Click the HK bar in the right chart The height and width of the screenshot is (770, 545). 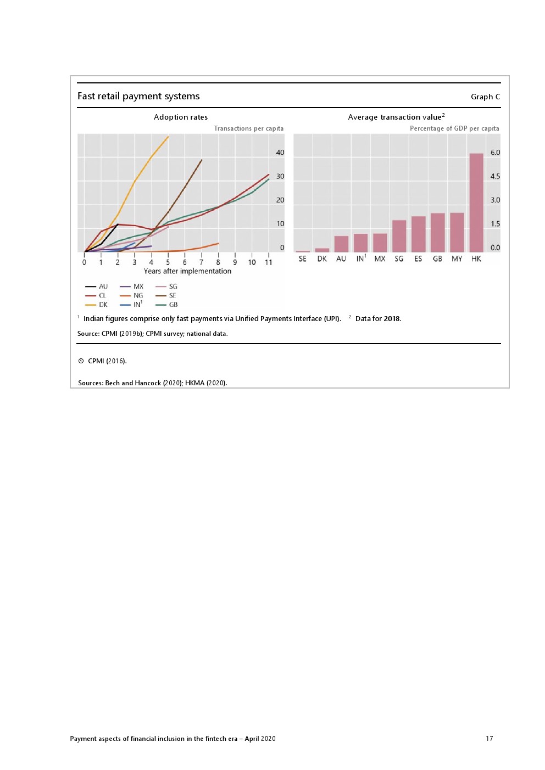point(476,203)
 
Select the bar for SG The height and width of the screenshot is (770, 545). point(399,236)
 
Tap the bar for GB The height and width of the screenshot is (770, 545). point(437,232)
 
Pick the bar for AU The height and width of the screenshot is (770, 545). point(341,244)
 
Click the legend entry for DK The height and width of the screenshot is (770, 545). point(103,305)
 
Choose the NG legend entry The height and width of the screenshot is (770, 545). point(138,295)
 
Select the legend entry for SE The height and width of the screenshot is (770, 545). point(172,295)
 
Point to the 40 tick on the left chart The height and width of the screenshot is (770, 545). point(280,153)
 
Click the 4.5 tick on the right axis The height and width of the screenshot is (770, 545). point(495,176)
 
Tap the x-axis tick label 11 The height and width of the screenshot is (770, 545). point(269,262)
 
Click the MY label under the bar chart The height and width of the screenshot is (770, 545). point(457,258)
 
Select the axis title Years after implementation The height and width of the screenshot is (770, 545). point(187,271)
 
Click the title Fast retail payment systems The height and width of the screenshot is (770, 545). point(138,96)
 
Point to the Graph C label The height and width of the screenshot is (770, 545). point(485,97)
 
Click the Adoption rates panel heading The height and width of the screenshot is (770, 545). point(181,117)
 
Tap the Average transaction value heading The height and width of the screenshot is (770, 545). point(396,117)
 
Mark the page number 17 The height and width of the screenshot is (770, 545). point(489,739)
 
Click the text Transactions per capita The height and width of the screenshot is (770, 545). point(248,128)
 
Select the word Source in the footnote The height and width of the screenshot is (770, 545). point(87,334)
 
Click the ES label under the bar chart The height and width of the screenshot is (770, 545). point(418,258)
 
